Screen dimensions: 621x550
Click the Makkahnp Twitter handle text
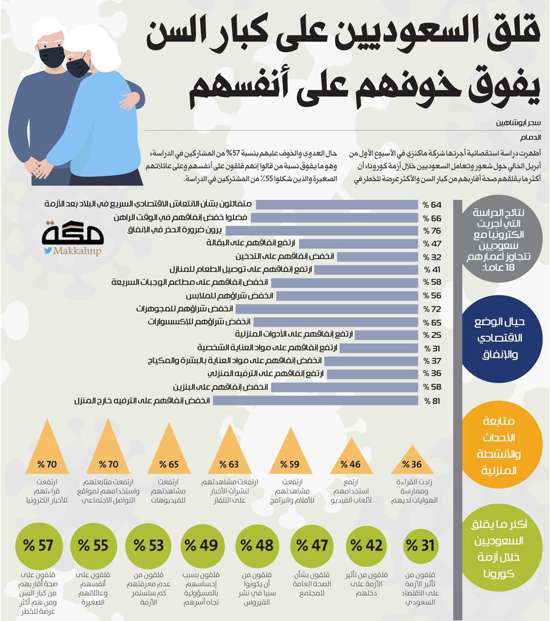(x=76, y=251)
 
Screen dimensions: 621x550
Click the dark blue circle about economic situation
(x=497, y=337)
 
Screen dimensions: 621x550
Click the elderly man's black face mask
(x=52, y=56)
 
